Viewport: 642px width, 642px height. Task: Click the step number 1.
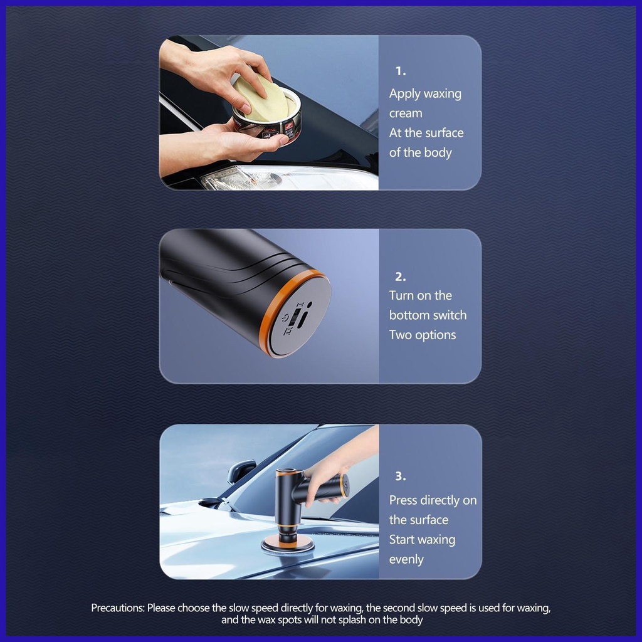(x=400, y=71)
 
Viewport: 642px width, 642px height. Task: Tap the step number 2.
(x=400, y=276)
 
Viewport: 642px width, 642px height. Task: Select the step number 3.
(x=400, y=476)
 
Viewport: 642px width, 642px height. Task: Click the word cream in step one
(x=406, y=113)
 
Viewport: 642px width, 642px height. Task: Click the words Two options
(x=422, y=335)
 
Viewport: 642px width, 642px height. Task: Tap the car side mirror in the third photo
(x=241, y=470)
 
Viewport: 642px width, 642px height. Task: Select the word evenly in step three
(x=406, y=559)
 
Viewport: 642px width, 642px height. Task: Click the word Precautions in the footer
(x=118, y=608)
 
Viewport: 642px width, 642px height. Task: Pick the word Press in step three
(x=403, y=500)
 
